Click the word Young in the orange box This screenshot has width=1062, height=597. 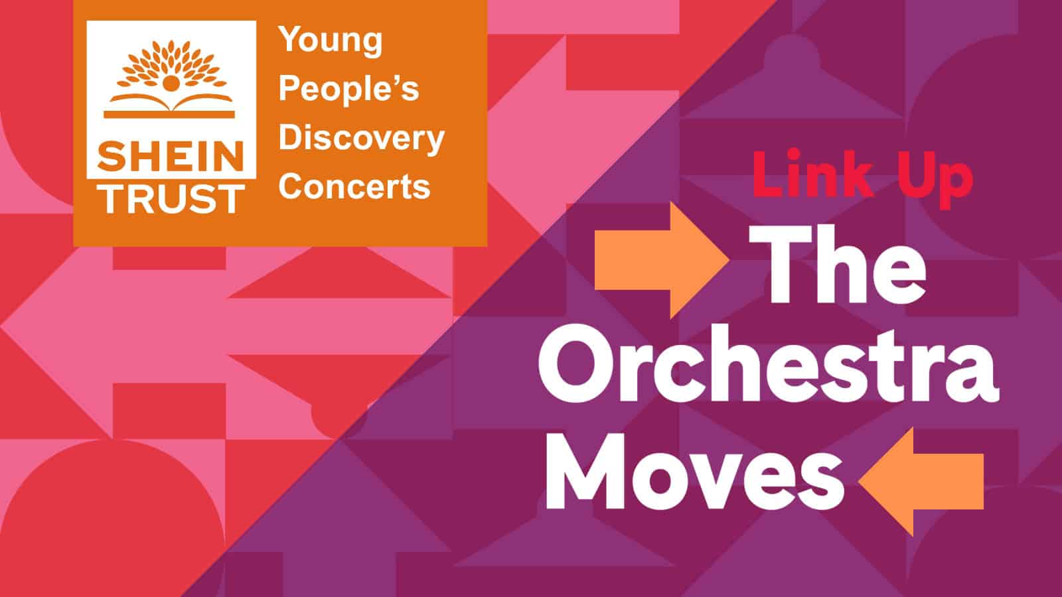click(331, 41)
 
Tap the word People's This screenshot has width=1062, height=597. click(349, 90)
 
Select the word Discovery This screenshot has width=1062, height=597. click(361, 139)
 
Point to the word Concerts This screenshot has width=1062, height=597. click(354, 186)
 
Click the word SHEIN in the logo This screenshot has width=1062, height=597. click(171, 157)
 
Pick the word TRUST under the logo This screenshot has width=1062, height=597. click(173, 200)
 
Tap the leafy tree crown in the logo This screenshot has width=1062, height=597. click(171, 66)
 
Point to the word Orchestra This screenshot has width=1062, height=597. click(768, 364)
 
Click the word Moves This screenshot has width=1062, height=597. click(695, 470)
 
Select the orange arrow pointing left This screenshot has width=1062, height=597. click(921, 482)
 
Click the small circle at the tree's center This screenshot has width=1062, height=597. click(171, 83)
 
